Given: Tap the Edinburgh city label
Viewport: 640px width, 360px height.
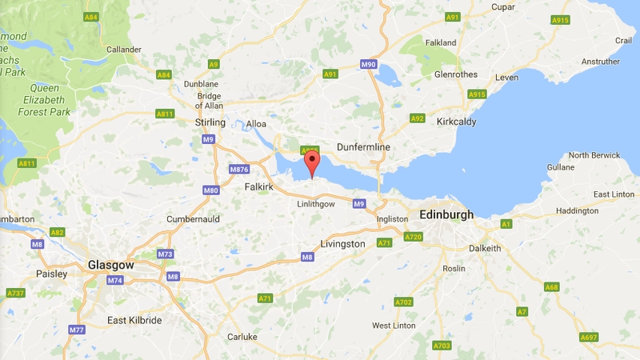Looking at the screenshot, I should [x=446, y=214].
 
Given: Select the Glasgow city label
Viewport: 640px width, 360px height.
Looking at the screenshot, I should [x=110, y=265].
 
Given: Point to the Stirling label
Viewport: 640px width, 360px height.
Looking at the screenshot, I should [x=210, y=122].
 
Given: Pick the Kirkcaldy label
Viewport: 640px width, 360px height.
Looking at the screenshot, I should [x=457, y=122].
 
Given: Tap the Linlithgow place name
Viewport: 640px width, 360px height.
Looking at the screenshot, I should [x=315, y=204].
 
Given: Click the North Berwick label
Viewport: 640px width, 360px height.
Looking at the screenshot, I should [x=594, y=155].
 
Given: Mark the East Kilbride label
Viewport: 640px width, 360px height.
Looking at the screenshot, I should [x=134, y=320].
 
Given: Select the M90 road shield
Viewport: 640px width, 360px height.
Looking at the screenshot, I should [x=369, y=64].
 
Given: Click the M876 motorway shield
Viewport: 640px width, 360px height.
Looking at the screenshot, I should [x=239, y=170].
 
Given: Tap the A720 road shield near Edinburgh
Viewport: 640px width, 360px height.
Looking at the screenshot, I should [x=413, y=237].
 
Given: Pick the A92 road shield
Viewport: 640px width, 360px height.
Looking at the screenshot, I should [x=417, y=118].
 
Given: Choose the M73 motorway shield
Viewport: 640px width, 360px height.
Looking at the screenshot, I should [x=165, y=254].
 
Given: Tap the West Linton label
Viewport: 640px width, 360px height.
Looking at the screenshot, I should [x=393, y=326].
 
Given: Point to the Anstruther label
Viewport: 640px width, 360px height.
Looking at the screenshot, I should [x=600, y=62].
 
